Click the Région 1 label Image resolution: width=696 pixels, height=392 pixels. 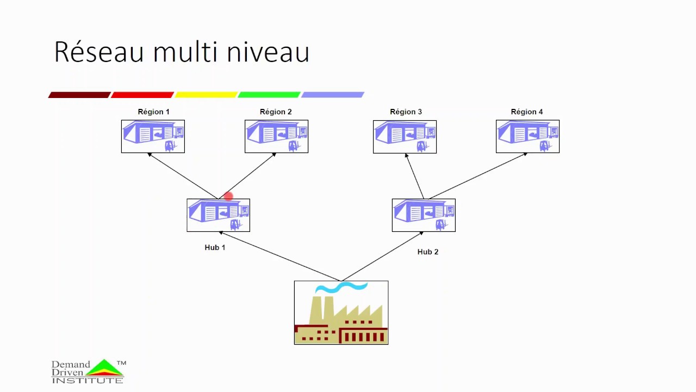pos(153,112)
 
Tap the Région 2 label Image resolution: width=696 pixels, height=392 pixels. pos(276,112)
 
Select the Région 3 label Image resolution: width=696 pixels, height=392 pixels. pos(406,112)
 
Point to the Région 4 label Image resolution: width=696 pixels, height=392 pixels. pos(527,112)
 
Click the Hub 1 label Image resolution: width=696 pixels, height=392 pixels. pos(215,247)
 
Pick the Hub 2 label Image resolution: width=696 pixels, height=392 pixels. pos(427,252)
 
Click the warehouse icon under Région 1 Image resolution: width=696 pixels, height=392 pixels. pos(153,136)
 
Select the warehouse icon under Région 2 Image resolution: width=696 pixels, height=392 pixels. pos(276,136)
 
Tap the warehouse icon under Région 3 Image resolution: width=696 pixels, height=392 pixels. pos(405,137)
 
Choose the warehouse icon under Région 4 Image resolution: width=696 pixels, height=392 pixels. pos(527,136)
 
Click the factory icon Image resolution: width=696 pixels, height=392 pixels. pos(341,313)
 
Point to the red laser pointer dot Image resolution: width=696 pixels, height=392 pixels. pos(228,196)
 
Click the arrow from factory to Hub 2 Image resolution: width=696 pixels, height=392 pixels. pos(382,256)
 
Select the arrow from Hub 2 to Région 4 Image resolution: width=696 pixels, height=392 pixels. pos(478,176)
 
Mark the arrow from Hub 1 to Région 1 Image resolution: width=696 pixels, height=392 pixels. pos(183,176)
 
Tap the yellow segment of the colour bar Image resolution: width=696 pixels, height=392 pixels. pos(206,95)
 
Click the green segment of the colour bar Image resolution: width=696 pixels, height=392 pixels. pos(269,95)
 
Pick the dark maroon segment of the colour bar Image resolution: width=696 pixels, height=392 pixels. pos(79,95)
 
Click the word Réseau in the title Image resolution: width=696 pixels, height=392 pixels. pos(99,52)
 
